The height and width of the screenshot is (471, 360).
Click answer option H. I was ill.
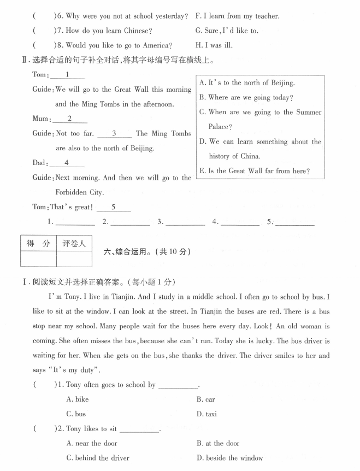click(217, 45)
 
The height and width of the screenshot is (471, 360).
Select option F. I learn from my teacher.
click(237, 16)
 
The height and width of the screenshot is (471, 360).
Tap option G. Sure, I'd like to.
click(227, 31)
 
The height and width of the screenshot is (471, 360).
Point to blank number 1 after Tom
click(67, 75)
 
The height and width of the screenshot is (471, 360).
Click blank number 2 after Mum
click(70, 119)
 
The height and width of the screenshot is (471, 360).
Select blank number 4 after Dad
click(67, 162)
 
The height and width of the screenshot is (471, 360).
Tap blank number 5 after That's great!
click(113, 207)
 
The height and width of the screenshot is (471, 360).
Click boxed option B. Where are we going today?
click(246, 97)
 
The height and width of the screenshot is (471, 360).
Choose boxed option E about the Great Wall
click(255, 171)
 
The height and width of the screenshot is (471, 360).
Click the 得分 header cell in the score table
click(38, 243)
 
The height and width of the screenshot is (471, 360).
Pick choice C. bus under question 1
click(76, 414)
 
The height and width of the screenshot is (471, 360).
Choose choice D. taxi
click(206, 414)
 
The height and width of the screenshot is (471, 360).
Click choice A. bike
click(77, 399)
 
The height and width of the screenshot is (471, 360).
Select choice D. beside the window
click(229, 458)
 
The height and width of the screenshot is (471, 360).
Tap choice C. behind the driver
click(97, 458)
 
